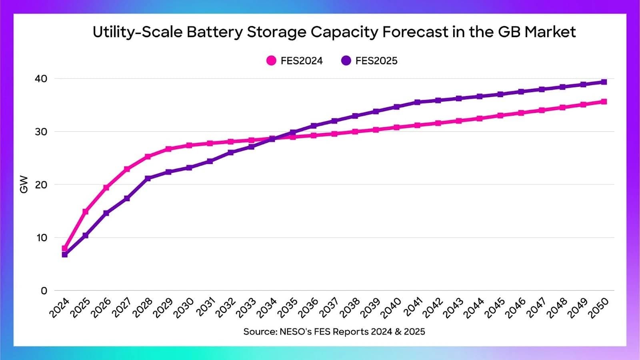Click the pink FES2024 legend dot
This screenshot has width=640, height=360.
coord(271,60)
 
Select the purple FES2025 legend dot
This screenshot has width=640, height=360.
coord(346,60)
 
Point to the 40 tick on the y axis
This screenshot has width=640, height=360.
coord(41,78)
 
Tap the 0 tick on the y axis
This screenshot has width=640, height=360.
coord(44,291)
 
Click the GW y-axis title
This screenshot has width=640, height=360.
coord(24,184)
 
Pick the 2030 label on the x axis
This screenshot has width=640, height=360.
coord(184,308)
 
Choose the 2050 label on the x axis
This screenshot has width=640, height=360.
coord(599,308)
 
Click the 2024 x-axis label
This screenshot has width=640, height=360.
coord(60,308)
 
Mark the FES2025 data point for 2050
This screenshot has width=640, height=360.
coord(604,82)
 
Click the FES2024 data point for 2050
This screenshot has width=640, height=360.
coord(604,102)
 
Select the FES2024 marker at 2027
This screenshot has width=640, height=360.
coord(127,169)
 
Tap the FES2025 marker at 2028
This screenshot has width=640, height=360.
coord(148,178)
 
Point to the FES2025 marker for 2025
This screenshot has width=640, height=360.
coord(86,236)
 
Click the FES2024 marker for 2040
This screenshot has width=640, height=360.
coord(396,127)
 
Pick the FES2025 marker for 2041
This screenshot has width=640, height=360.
coord(417,102)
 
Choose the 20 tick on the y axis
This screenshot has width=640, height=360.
coord(41,185)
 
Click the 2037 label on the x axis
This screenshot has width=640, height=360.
coord(329,308)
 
